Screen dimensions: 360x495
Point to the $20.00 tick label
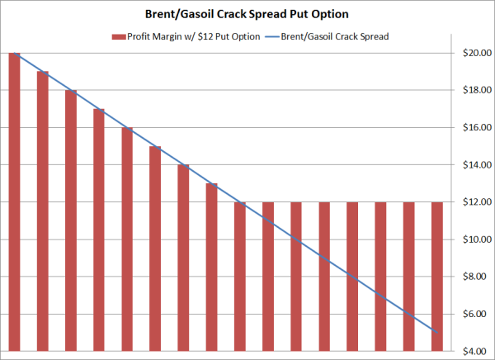pyautogui.click(x=476, y=53)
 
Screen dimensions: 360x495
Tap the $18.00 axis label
pyautogui.click(x=476, y=90)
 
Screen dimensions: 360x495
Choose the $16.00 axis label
pyautogui.click(x=476, y=127)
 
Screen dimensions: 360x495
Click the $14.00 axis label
pyautogui.click(x=476, y=164)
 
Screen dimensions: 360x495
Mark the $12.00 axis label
pyautogui.click(x=476, y=202)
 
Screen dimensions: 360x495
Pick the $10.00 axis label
pyautogui.click(x=476, y=239)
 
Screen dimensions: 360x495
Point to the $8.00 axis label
pyautogui.click(x=478, y=277)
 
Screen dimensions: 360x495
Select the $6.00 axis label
pyautogui.click(x=478, y=314)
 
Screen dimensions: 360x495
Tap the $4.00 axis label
pyautogui.click(x=478, y=351)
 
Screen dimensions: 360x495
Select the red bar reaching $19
pyautogui.click(x=42, y=211)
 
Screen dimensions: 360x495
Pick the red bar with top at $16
pyautogui.click(x=127, y=239)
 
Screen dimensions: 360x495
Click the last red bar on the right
pyautogui.click(x=436, y=276)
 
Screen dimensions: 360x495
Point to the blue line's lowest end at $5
pyautogui.click(x=436, y=332)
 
